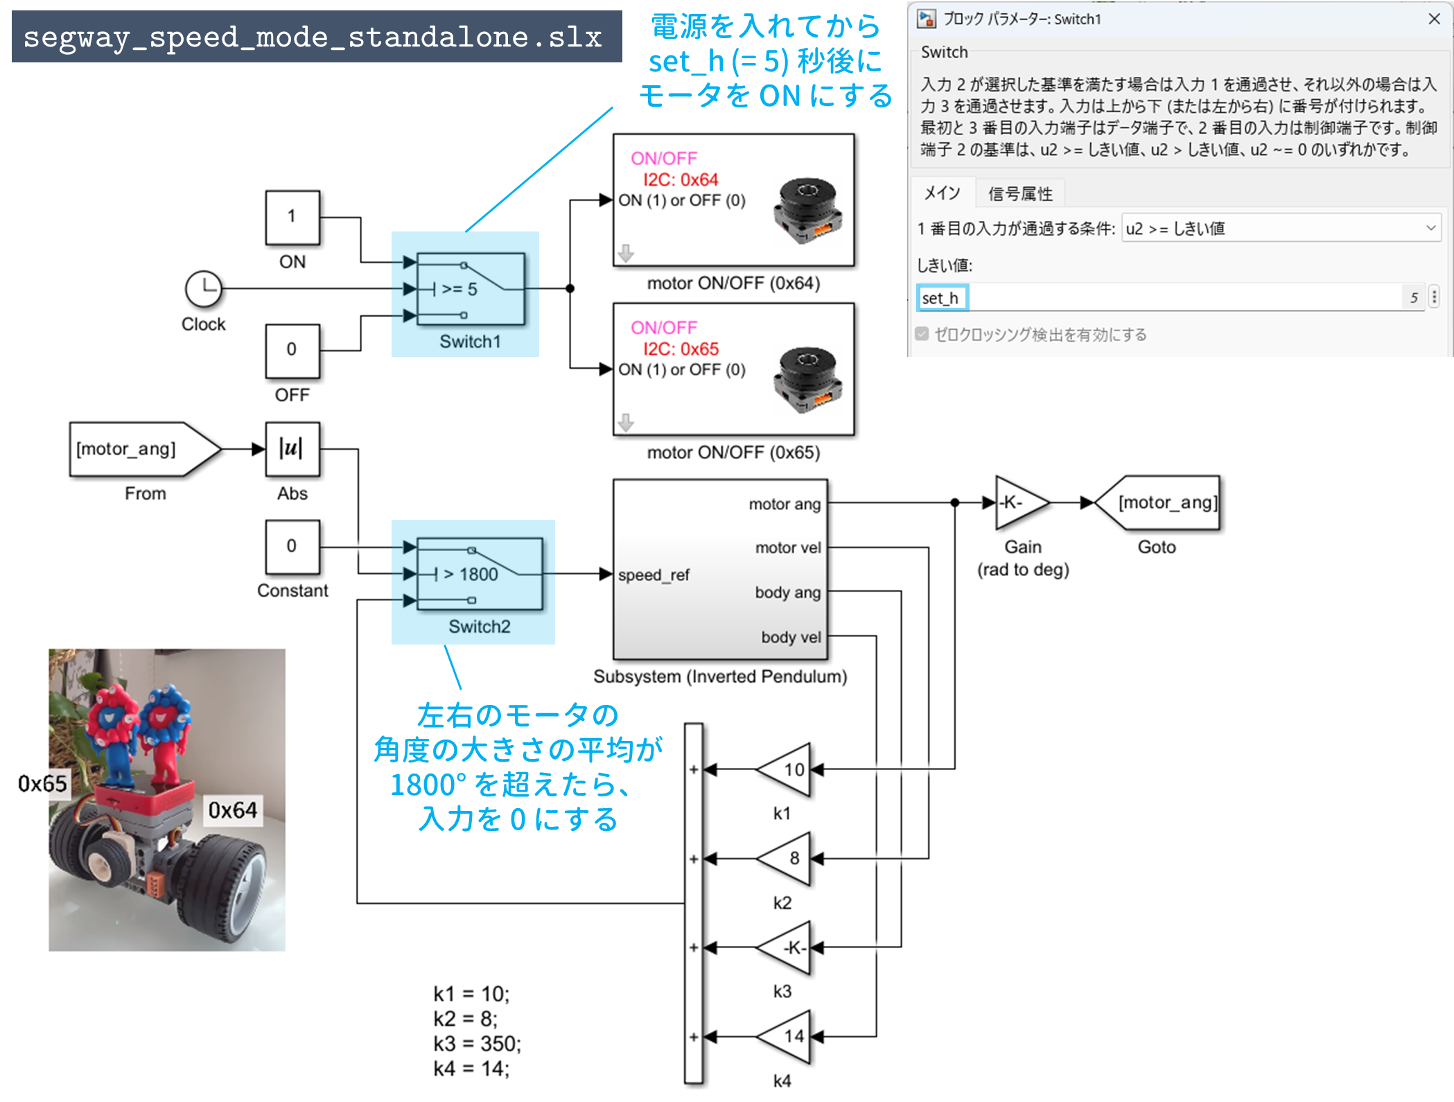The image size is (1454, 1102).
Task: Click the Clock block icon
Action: (x=203, y=288)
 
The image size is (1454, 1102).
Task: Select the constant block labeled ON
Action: (x=292, y=217)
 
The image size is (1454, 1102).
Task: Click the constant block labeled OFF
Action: (x=292, y=350)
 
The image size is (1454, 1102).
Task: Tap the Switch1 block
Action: (x=471, y=288)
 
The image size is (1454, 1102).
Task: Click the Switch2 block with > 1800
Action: (x=479, y=574)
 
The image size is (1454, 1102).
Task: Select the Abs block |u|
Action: (x=292, y=449)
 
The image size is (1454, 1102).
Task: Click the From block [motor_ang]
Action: (x=138, y=449)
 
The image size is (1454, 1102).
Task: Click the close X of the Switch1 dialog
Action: (x=1434, y=19)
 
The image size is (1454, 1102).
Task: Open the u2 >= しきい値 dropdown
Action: (x=1280, y=229)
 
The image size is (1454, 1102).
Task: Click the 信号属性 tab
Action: (x=1019, y=193)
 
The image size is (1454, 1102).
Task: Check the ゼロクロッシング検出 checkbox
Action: (x=922, y=335)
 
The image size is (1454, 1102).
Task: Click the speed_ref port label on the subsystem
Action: (x=654, y=575)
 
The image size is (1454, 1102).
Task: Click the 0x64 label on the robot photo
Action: (x=232, y=810)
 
